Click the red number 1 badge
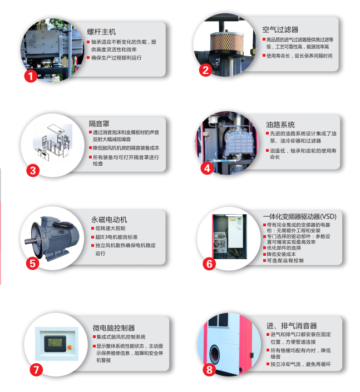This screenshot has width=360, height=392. click(x=32, y=76)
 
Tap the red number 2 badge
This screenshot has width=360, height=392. click(x=205, y=70)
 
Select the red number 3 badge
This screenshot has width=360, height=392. click(x=33, y=170)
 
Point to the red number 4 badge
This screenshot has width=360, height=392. click(x=207, y=168)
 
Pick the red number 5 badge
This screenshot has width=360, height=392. click(x=32, y=263)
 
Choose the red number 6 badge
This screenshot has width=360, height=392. click(x=209, y=264)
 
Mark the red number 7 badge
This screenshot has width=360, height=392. click(x=35, y=369)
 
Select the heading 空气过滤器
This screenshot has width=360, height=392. click(x=280, y=29)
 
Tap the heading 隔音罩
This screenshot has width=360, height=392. click(x=99, y=123)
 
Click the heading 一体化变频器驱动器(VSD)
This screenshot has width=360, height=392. click(x=299, y=216)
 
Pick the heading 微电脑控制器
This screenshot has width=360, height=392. click(x=114, y=328)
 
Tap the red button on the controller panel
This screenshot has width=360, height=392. click(x=69, y=345)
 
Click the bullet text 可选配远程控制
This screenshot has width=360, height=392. click(x=285, y=260)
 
